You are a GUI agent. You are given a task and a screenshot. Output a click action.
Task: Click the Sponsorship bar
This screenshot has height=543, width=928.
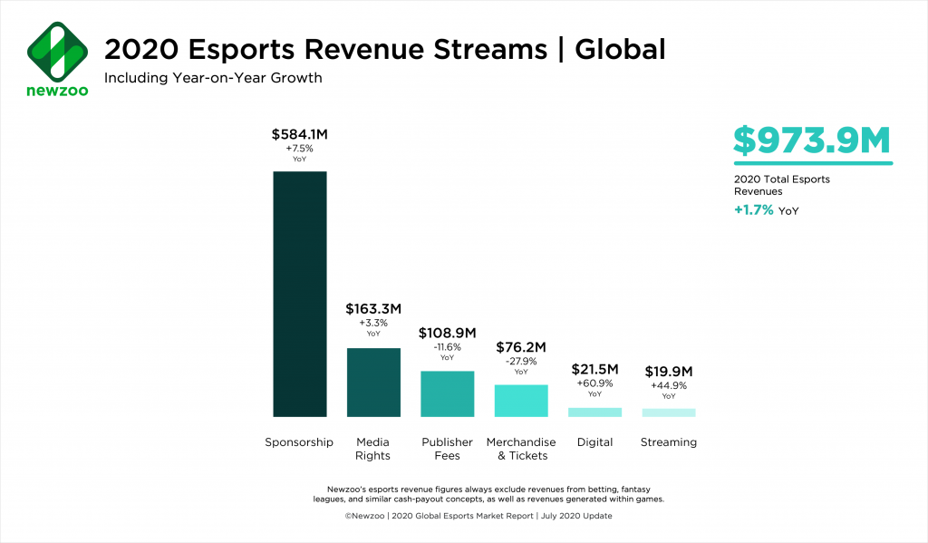pyautogui.click(x=300, y=294)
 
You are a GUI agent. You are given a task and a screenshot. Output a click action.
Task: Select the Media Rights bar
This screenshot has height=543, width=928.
pyautogui.click(x=373, y=382)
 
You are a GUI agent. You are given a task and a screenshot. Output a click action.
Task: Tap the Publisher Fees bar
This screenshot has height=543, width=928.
pyautogui.click(x=447, y=393)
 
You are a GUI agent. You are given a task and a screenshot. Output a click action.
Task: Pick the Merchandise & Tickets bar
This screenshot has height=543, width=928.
pyautogui.click(x=521, y=400)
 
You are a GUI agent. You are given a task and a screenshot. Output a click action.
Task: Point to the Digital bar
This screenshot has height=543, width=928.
pyautogui.click(x=594, y=412)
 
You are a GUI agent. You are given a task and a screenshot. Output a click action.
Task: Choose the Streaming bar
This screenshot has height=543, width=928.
pyautogui.click(x=669, y=412)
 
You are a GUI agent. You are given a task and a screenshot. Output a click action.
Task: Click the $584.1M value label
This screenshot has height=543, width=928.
pyautogui.click(x=300, y=134)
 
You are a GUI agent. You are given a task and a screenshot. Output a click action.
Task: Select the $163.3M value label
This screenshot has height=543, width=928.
pyautogui.click(x=373, y=309)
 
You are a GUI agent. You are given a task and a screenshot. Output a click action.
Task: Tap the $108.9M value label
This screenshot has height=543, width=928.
pyautogui.click(x=447, y=333)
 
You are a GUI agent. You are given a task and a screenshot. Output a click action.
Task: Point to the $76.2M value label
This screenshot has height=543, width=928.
pyautogui.click(x=521, y=346)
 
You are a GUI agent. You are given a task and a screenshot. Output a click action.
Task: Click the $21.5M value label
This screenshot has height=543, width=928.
pyautogui.click(x=594, y=369)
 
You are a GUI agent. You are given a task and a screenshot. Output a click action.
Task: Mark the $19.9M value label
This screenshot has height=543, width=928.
pyautogui.click(x=669, y=371)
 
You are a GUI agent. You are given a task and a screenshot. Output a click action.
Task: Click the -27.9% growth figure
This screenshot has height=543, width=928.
pyautogui.click(x=521, y=361)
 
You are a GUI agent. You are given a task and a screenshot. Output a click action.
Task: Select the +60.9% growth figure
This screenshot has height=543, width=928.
pyautogui.click(x=594, y=383)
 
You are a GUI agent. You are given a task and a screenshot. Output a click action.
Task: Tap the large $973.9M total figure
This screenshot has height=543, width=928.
pyautogui.click(x=812, y=141)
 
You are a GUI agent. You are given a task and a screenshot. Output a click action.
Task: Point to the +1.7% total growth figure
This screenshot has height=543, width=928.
pyautogui.click(x=753, y=210)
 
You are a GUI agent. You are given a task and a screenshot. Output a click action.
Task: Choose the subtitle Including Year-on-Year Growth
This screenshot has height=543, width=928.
pyautogui.click(x=213, y=78)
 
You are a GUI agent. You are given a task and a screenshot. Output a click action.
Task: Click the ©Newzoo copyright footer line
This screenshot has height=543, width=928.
pyautogui.click(x=463, y=516)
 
